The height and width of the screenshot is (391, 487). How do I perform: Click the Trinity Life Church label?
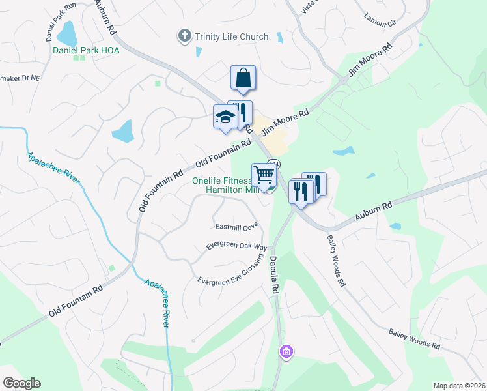231,36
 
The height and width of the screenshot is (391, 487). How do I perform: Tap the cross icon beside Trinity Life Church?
185,36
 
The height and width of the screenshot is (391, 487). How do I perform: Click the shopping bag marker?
243,78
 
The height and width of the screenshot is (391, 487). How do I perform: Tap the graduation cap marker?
225,119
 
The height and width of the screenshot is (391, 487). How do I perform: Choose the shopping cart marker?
264,175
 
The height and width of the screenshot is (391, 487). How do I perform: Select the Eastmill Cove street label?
237,227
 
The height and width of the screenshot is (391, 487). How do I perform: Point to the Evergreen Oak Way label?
237,247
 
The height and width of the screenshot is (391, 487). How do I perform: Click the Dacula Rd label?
275,273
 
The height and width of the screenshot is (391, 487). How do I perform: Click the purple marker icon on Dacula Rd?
285,353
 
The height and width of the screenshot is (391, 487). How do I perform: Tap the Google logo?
21,383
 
